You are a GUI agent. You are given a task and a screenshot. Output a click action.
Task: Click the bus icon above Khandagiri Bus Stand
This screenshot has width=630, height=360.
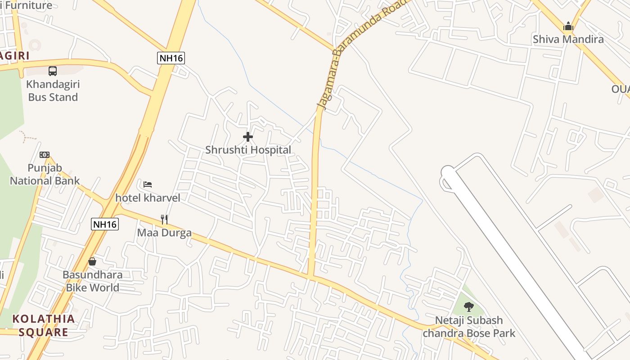[53, 71]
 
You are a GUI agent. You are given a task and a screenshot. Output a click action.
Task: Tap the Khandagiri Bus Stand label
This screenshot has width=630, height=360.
[53, 90]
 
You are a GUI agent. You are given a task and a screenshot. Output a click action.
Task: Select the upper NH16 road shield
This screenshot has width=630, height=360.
[171, 58]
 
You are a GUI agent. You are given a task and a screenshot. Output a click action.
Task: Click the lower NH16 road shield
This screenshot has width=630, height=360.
[105, 224]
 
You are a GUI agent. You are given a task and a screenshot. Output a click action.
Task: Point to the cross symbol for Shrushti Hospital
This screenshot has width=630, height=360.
[247, 137]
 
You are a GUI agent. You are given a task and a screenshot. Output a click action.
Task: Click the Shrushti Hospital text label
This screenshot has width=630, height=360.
[248, 150]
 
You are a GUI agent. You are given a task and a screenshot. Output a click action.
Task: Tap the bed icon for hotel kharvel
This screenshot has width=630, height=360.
[148, 184]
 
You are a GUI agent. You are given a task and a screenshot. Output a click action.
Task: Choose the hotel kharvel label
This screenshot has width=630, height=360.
[148, 198]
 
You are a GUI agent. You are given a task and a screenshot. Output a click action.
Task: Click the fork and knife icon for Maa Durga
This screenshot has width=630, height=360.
[164, 220]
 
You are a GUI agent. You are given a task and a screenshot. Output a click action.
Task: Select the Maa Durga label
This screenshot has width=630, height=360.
[164, 233]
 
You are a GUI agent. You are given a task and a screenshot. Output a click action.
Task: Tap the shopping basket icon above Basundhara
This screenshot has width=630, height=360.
[92, 261]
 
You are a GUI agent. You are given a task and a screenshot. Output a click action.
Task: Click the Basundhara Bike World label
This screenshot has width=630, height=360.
[92, 281]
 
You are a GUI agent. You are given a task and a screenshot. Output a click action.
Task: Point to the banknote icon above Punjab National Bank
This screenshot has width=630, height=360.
[44, 155]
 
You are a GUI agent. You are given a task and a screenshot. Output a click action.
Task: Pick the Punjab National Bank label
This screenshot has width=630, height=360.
[45, 175]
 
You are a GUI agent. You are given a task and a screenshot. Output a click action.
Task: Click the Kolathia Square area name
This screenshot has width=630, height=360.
[43, 325]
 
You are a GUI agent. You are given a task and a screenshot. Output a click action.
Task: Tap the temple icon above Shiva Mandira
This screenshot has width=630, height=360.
[568, 27]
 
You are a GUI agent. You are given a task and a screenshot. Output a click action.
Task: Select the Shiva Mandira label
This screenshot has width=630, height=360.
[568, 40]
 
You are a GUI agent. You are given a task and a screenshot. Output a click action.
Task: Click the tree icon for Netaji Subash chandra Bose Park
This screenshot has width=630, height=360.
[468, 307]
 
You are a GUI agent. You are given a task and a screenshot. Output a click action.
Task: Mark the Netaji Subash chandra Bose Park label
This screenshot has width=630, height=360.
[468, 327]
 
